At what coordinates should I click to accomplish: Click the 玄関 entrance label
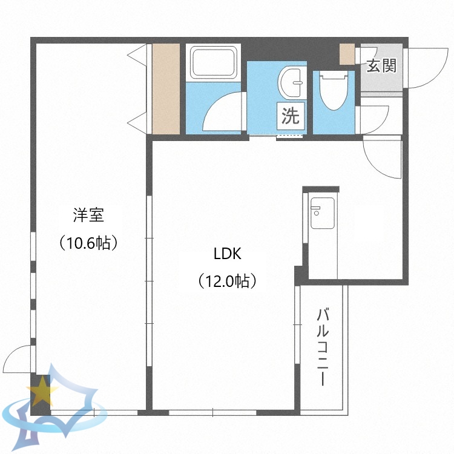click(x=381, y=65)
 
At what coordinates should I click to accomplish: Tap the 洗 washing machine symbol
click(x=291, y=116)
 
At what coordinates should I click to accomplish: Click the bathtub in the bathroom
click(x=215, y=62)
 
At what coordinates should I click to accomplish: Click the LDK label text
click(x=227, y=254)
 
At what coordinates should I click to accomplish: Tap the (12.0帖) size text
click(x=227, y=281)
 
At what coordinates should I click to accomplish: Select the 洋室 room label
click(x=88, y=216)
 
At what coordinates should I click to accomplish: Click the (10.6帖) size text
click(x=88, y=243)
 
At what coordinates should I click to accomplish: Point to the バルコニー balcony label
click(x=323, y=346)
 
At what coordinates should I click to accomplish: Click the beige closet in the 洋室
click(x=166, y=89)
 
